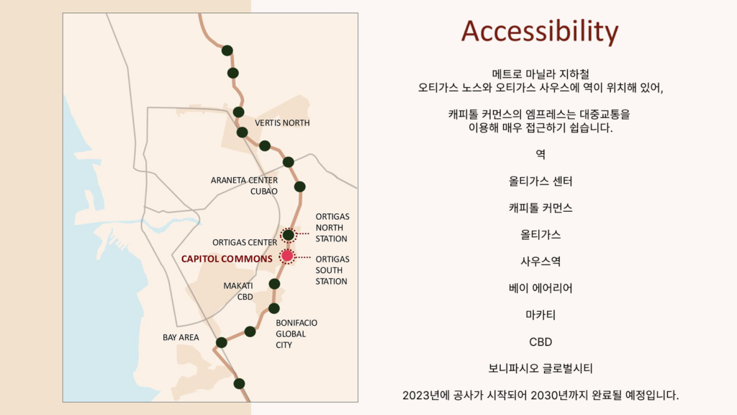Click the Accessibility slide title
[x=540, y=31]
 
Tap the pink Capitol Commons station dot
[x=288, y=256]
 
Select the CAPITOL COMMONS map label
[x=227, y=258]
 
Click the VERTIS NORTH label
[x=282, y=122]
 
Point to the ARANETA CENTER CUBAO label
[x=244, y=185]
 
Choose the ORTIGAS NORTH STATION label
[x=331, y=227]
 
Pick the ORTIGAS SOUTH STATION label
[x=331, y=269]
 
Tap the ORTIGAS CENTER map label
[x=245, y=242]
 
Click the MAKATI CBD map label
[x=238, y=290]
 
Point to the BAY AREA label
[x=181, y=337]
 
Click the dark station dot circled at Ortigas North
[x=288, y=235]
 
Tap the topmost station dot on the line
[x=227, y=50]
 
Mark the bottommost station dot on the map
[x=239, y=383]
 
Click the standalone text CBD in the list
[x=541, y=342]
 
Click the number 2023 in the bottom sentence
[x=417, y=395]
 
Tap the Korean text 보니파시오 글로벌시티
[x=541, y=368]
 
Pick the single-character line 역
[x=541, y=153]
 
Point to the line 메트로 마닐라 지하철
[x=541, y=73]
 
